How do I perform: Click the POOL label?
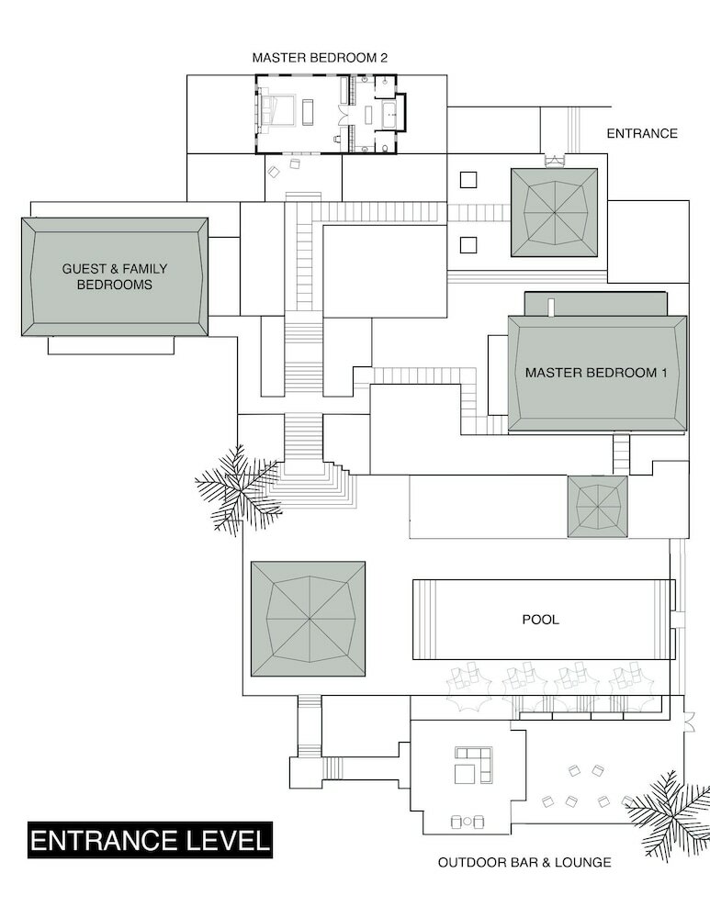pyautogui.click(x=540, y=619)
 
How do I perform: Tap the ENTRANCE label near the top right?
pyautogui.click(x=642, y=133)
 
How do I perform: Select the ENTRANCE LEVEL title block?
pyautogui.click(x=150, y=840)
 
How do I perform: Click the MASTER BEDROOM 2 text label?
pyautogui.click(x=320, y=57)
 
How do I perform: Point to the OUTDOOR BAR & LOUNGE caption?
pyautogui.click(x=524, y=862)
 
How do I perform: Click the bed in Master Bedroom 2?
pyautogui.click(x=277, y=109)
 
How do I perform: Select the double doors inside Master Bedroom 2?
pyautogui.click(x=345, y=114)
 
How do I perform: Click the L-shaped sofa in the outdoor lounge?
pyautogui.click(x=473, y=765)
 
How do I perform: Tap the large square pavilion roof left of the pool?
pyautogui.click(x=308, y=619)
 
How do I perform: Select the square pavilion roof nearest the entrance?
pyautogui.click(x=554, y=213)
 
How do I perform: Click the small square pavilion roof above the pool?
pyautogui.click(x=598, y=507)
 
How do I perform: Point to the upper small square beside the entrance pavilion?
pyautogui.click(x=468, y=180)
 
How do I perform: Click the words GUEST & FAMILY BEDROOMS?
pyautogui.click(x=115, y=276)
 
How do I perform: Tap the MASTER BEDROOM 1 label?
pyautogui.click(x=596, y=373)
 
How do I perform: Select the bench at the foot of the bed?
pyautogui.click(x=308, y=110)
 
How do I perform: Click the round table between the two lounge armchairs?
pyautogui.click(x=467, y=822)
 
